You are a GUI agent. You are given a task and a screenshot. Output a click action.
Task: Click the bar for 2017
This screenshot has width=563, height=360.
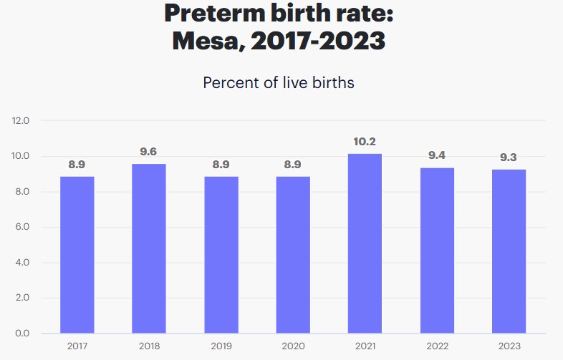tap(77, 255)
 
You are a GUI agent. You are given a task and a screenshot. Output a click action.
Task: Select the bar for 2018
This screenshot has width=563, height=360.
tap(149, 248)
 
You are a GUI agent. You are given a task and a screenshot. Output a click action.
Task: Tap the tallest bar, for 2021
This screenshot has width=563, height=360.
tap(365, 243)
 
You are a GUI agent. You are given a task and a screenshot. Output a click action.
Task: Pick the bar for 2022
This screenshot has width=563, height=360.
tap(437, 250)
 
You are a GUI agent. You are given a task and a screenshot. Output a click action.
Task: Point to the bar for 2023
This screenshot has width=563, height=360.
tap(509, 251)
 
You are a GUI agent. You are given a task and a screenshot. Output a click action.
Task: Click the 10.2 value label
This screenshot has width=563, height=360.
tap(365, 142)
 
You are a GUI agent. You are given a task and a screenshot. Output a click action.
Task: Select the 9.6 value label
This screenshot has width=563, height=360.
tap(149, 152)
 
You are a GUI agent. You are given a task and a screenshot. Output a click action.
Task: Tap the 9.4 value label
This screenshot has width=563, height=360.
tap(437, 156)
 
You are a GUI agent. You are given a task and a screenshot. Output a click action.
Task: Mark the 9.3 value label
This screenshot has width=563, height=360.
tap(509, 157)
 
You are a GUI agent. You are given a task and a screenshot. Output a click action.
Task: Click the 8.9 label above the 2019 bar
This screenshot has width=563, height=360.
tap(221, 165)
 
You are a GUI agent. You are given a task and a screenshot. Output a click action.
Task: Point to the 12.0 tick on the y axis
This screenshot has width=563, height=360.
tap(21, 120)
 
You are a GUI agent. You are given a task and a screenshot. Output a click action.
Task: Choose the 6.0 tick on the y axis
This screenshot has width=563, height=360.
tap(21, 227)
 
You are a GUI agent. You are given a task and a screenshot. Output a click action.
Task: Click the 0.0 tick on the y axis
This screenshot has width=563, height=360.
tap(21, 334)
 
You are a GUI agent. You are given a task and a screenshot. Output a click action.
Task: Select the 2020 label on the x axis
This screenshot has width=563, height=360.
tap(292, 346)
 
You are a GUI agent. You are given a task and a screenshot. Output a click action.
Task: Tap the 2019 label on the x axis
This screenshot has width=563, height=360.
tap(221, 346)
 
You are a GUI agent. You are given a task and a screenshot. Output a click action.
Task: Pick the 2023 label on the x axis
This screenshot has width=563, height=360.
tap(509, 346)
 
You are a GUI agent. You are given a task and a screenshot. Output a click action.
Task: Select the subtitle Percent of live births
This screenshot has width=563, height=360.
tap(279, 82)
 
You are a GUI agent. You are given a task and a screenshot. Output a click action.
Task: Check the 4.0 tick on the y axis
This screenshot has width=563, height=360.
tap(21, 263)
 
